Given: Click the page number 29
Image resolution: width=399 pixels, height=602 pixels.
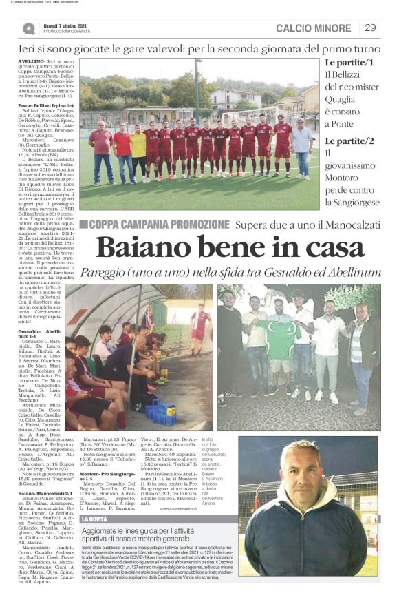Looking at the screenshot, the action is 370,28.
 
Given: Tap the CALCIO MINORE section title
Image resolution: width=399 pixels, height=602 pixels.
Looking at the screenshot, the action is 313,28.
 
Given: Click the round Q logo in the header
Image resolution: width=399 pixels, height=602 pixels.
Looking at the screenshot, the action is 29,28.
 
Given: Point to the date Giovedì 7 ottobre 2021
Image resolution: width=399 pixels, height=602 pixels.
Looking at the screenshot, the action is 67,25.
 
